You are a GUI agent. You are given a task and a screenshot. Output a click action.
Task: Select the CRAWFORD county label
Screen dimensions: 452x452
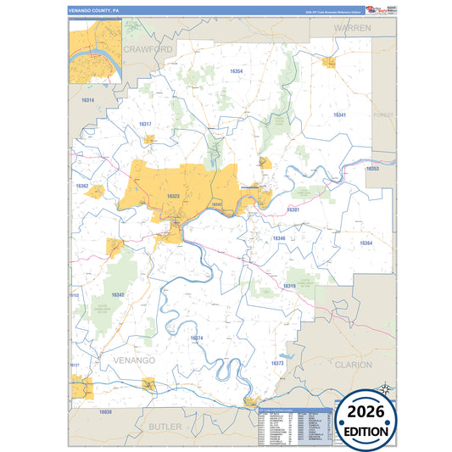click(x=148, y=50)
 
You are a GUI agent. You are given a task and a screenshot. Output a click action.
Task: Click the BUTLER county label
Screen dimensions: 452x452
click(x=165, y=426)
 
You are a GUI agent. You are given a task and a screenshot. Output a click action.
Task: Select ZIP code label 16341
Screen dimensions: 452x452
click(x=339, y=114)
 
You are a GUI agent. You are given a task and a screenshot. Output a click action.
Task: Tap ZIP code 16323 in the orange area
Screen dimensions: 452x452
click(x=173, y=196)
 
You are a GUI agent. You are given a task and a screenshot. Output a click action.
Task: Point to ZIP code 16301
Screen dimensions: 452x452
click(x=293, y=209)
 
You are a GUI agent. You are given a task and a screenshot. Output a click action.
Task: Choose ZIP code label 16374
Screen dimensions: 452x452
click(x=197, y=338)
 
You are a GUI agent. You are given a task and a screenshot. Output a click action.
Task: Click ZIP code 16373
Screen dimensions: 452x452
click(x=276, y=363)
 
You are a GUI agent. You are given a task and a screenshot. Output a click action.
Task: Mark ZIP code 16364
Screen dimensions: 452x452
click(x=366, y=243)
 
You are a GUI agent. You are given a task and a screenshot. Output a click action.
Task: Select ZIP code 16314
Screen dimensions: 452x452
click(x=87, y=100)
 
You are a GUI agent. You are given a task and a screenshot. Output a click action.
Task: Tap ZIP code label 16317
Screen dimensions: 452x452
click(x=145, y=124)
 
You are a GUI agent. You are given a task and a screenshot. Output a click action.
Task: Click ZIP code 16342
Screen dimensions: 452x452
click(x=118, y=294)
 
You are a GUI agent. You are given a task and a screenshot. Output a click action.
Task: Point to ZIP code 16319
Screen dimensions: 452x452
click(x=288, y=286)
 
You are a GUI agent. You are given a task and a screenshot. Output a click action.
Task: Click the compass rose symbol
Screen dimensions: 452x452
click(x=386, y=389)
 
